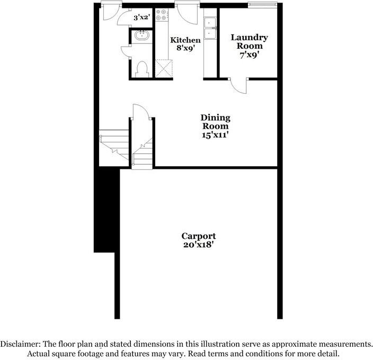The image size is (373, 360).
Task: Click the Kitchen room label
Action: [x=185, y=40]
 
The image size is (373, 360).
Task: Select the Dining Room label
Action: [x=215, y=122]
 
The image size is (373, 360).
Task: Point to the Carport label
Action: [x=198, y=236]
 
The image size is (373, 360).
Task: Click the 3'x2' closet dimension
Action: [x=141, y=17]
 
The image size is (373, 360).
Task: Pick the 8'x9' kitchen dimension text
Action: [x=185, y=48]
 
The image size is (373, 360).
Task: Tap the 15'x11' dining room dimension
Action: [x=215, y=134]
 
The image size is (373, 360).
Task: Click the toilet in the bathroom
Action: [x=141, y=69]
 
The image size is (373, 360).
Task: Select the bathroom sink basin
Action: [x=141, y=36]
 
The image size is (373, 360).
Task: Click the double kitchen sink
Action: [x=211, y=28]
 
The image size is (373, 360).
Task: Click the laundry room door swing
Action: [x=239, y=86]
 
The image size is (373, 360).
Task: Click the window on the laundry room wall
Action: [x=263, y=6]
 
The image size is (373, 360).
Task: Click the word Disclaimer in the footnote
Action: [x=23, y=343]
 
